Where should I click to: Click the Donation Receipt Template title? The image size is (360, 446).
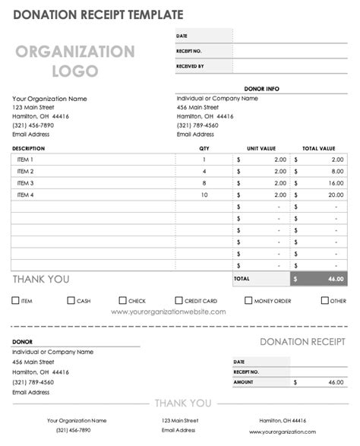pos(96,14)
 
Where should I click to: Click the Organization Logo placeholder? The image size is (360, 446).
pos(75,62)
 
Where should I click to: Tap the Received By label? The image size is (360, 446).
pos(190,66)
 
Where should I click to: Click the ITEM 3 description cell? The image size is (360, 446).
pos(25,183)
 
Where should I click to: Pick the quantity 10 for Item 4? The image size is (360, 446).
pos(204,195)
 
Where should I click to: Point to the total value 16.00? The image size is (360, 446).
pos(334,183)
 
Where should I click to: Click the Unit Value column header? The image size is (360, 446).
pos(261,148)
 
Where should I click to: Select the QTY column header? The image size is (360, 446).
pos(204,148)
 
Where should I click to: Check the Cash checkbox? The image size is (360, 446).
pos(71,301)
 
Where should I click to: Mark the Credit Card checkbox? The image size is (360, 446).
pos(179,301)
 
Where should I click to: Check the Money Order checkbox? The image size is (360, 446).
pos(248,301)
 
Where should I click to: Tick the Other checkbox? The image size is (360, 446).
pos(324,301)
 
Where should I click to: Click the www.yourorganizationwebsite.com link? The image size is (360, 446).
pos(169,312)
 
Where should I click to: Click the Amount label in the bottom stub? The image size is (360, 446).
pos(244,382)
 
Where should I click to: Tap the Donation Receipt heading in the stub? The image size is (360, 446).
pos(302,342)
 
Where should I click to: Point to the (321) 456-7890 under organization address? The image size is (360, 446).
pos(33,125)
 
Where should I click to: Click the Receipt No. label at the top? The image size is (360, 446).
pos(188,51)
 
